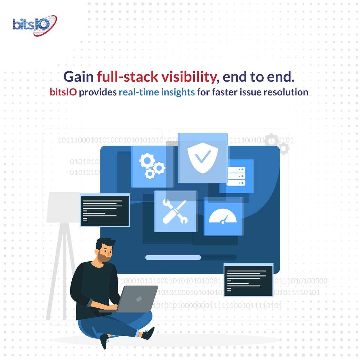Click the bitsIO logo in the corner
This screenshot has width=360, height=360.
(34, 25)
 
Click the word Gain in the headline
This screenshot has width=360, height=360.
(79, 77)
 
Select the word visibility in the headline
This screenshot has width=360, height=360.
(189, 77)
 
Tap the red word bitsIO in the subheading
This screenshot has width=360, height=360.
(63, 92)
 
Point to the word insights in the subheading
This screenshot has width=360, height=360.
(178, 92)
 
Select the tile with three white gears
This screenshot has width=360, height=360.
(152, 167)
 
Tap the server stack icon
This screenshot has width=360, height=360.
(236, 176)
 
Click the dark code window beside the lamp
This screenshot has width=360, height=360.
(105, 210)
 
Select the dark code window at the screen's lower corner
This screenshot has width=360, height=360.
(248, 280)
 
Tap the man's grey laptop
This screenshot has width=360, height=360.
(138, 298)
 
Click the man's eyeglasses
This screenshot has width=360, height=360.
(106, 251)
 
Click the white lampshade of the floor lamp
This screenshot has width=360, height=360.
(63, 207)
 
